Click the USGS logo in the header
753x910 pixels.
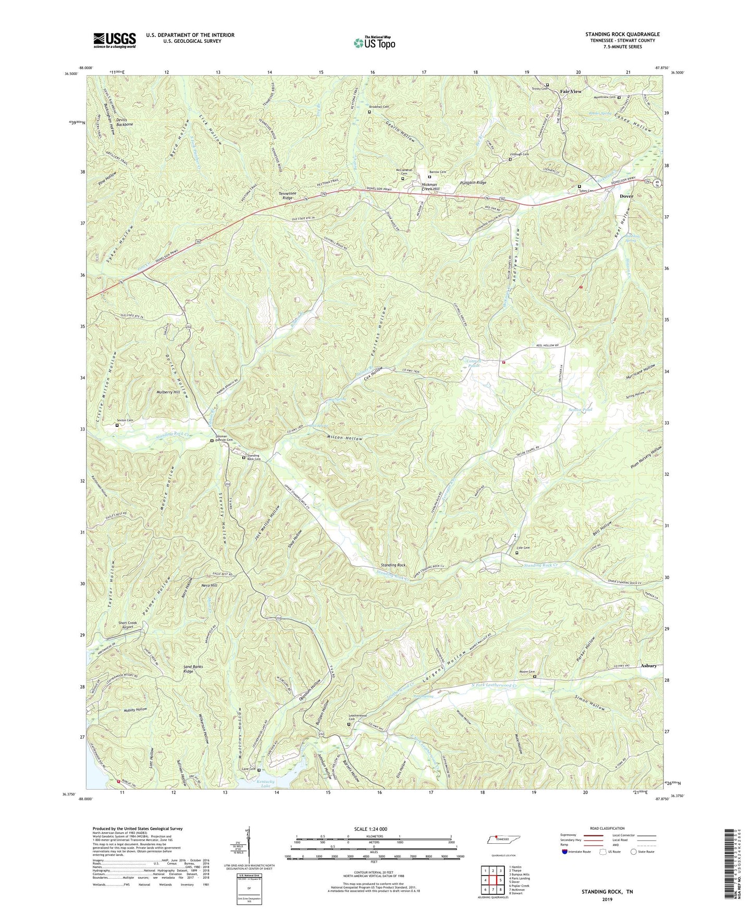(x=115, y=40)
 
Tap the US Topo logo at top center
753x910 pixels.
(x=374, y=43)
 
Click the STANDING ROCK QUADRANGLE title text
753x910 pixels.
(x=622, y=34)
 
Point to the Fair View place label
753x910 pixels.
(x=571, y=92)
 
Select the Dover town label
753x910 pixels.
(x=626, y=196)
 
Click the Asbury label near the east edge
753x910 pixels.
(x=649, y=666)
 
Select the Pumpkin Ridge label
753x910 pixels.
(x=473, y=183)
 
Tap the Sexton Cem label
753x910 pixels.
(x=125, y=420)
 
